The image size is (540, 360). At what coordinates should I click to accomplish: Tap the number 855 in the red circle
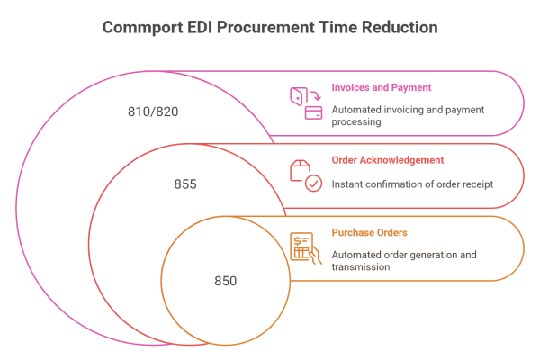click(185, 184)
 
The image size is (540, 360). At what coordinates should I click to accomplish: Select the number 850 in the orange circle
click(225, 281)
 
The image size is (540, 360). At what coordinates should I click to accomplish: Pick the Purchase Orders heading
click(363, 232)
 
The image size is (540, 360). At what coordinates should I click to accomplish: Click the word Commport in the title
click(139, 28)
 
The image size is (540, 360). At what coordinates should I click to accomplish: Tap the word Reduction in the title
click(400, 28)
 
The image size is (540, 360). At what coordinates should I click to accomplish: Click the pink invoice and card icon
click(304, 102)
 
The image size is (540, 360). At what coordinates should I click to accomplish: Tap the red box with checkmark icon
click(304, 174)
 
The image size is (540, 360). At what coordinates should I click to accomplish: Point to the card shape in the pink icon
click(314, 112)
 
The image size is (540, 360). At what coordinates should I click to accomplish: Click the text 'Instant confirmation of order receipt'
click(413, 184)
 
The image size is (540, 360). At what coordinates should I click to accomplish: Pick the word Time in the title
click(338, 28)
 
